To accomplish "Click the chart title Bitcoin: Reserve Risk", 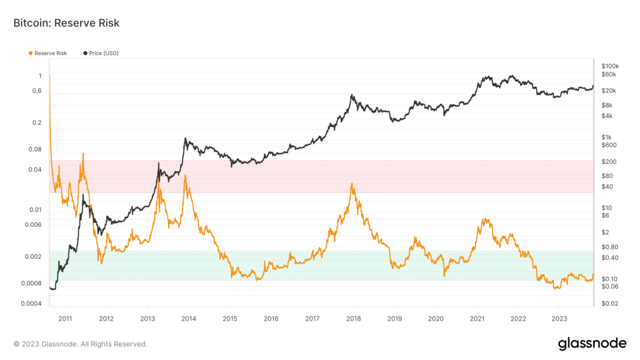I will tap(66, 23).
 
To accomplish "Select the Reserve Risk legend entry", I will tap(50, 53).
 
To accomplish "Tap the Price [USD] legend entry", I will tap(103, 53).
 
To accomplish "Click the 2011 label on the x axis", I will tap(64, 318).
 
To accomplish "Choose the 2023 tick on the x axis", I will tap(559, 318).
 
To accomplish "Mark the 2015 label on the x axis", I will tap(229, 318).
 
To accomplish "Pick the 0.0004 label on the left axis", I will tap(31, 304).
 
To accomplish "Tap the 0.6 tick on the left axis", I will tap(37, 91).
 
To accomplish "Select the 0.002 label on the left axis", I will tap(34, 256).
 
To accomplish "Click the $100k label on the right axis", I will tap(609, 66).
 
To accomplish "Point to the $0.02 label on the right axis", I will tap(609, 304).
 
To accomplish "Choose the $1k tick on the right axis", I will tap(606, 137).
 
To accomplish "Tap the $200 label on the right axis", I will tap(607, 162).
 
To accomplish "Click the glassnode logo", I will tap(592, 343).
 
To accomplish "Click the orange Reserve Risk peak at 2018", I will tap(352, 183).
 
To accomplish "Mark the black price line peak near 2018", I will tap(352, 95).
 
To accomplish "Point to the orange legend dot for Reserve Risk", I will tap(31, 53).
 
